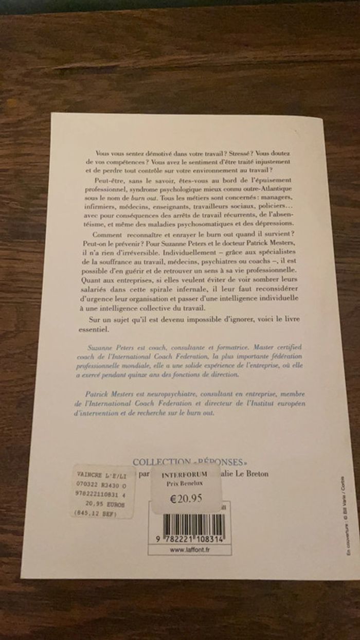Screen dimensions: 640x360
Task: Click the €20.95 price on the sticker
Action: pos(188,498)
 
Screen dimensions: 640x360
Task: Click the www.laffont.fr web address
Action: pos(189,549)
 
